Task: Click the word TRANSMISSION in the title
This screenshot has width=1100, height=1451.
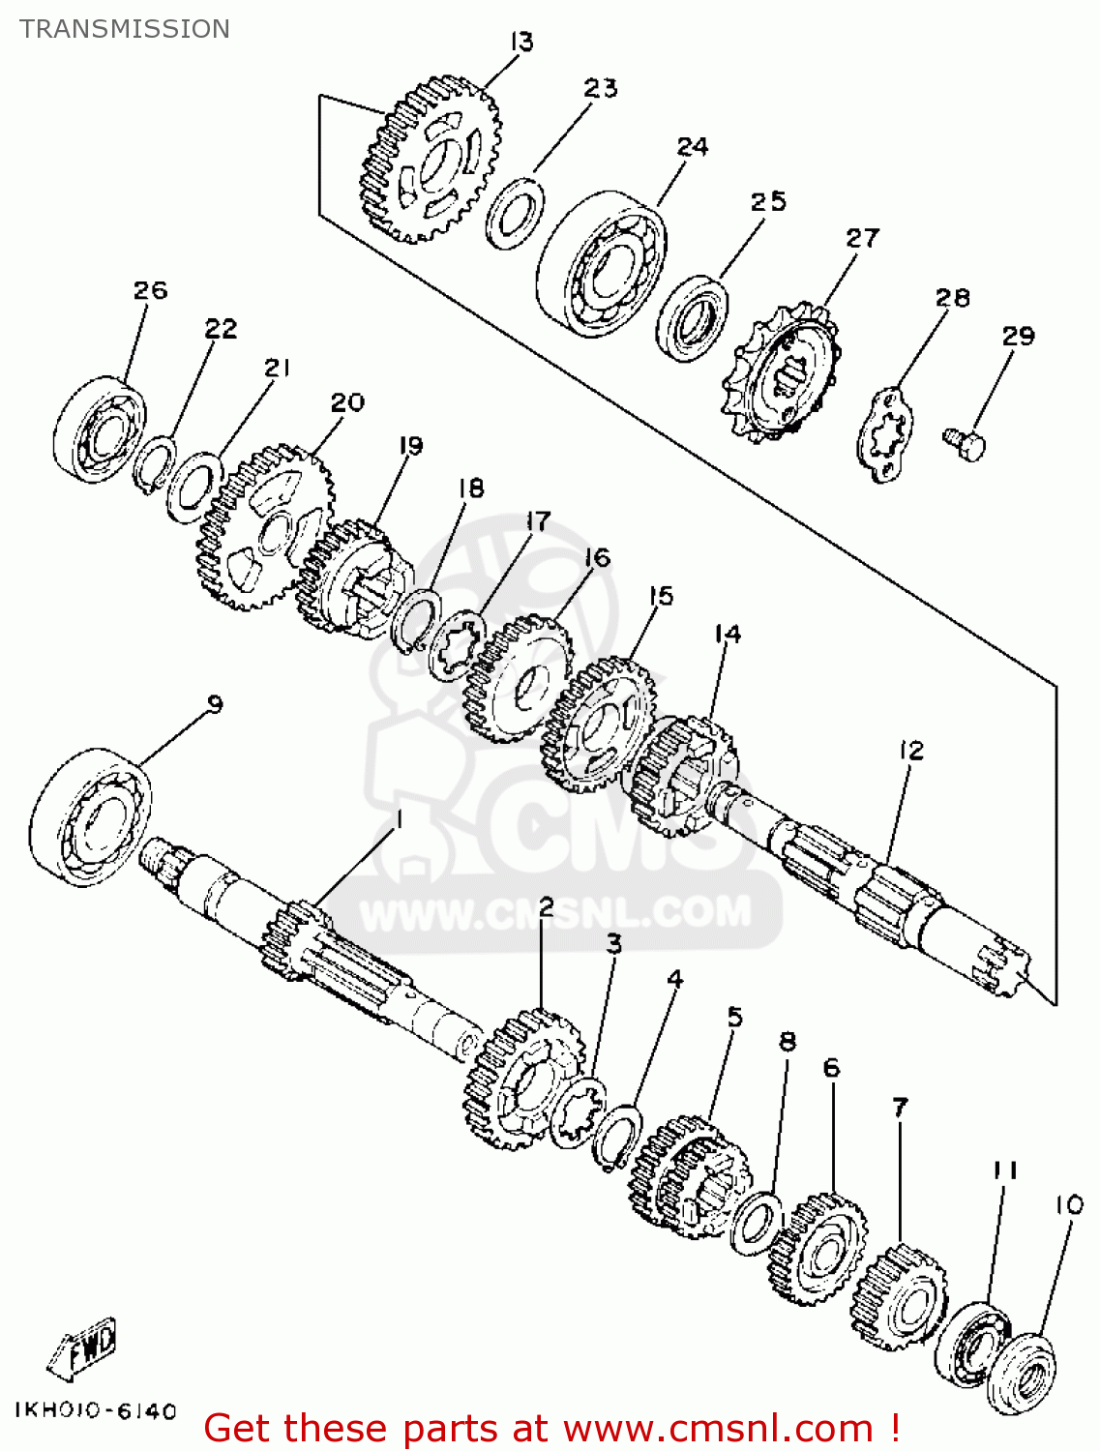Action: pos(125,29)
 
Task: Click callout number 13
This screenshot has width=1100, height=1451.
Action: pos(521,43)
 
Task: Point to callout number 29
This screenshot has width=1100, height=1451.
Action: pos(1018,336)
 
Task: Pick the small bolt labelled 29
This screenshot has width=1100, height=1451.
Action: pos(965,444)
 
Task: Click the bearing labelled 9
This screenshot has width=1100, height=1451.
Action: pos(91,817)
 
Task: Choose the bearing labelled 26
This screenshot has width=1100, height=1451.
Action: pos(100,427)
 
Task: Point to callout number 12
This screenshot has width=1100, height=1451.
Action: pos(911,751)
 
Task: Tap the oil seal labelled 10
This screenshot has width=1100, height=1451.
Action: pos(1021,1375)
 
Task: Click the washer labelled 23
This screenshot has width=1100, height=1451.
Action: pos(516,213)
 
